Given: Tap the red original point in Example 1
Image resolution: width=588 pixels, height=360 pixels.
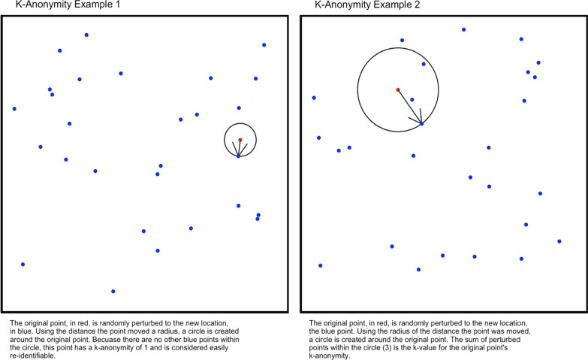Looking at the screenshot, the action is point(240,140).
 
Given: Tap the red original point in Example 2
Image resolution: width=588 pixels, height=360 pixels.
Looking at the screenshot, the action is point(398,90).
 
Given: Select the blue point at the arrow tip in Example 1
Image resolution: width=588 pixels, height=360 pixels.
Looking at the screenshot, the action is point(238,156).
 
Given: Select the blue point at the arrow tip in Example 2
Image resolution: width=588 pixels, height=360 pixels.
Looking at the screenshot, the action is point(421,123).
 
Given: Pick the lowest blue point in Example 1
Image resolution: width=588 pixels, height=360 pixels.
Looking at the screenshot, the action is point(113,291).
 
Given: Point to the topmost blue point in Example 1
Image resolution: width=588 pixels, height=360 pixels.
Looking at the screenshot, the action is point(86,35).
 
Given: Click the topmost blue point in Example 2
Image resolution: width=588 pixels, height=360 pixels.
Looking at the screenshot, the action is point(463,30).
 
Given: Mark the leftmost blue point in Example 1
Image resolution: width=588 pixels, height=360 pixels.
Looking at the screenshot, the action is point(14,109).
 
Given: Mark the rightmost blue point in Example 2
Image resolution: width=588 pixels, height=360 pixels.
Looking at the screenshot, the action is point(559,241).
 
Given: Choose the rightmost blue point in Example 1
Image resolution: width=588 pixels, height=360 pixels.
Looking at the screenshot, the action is point(264,45).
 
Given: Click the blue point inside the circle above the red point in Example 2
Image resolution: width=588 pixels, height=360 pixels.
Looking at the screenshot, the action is point(424,64).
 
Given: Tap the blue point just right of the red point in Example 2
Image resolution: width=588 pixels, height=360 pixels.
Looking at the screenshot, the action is point(412,99).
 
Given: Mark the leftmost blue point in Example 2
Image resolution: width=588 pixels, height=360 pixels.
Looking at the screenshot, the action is point(314,98).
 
